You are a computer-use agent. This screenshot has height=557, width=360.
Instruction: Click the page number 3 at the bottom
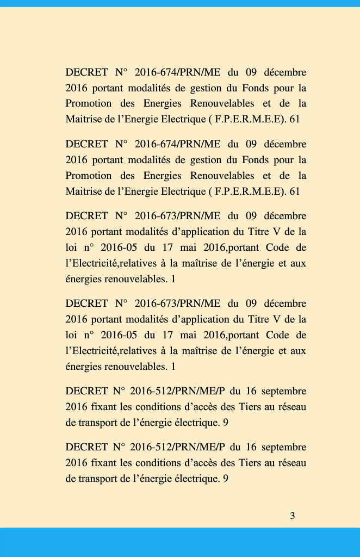[x=293, y=516]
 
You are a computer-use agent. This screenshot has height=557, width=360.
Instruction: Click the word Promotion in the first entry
[x=88, y=103]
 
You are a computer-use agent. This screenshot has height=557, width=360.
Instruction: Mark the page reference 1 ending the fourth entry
[x=173, y=367]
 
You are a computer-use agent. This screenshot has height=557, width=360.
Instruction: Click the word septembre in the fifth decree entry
[x=284, y=391]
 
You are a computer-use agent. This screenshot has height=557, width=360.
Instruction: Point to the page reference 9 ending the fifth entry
[x=225, y=423]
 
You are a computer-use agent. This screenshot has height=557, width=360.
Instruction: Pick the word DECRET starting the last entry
[x=86, y=447]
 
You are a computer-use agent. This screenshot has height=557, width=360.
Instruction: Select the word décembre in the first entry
[x=284, y=72]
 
